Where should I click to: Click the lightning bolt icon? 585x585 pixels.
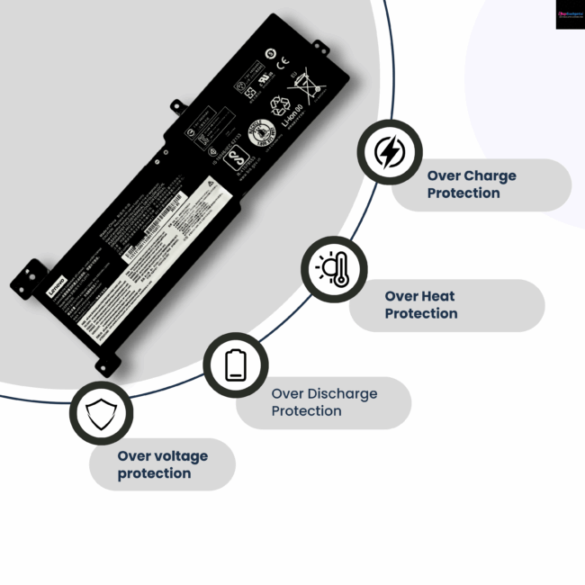(389, 152)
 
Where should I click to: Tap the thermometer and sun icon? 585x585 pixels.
(333, 269)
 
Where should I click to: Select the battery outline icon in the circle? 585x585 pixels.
(235, 364)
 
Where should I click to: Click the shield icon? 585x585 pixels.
(101, 414)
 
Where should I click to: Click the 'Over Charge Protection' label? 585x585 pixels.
(471, 184)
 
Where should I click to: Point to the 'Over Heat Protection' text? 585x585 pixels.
(421, 305)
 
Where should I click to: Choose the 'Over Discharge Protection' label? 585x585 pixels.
(324, 402)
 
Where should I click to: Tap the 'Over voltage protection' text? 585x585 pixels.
(162, 464)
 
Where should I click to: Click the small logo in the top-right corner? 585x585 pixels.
(570, 14)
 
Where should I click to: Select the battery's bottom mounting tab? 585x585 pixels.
(107, 363)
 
